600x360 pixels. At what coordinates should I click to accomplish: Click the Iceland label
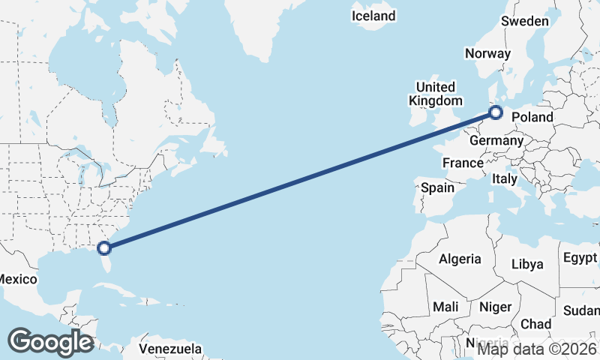(x=374, y=16)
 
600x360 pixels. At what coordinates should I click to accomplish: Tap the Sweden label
(x=525, y=21)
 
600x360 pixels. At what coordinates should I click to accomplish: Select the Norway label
(x=487, y=53)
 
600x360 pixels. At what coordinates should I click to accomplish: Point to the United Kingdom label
(x=435, y=94)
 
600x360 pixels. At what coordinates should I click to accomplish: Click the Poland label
(x=532, y=117)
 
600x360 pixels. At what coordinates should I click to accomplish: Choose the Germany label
(x=496, y=140)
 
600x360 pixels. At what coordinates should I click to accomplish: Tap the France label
(x=463, y=163)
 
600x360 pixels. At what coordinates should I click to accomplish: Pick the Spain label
(x=437, y=187)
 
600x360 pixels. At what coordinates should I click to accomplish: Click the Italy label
(x=505, y=179)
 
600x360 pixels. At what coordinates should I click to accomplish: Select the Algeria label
(x=460, y=259)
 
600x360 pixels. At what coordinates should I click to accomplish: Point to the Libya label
(x=526, y=264)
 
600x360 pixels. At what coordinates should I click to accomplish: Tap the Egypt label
(x=580, y=259)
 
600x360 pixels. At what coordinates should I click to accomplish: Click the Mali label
(x=445, y=307)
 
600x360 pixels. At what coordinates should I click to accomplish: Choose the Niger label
(x=495, y=307)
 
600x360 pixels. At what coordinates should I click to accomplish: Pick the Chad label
(x=535, y=324)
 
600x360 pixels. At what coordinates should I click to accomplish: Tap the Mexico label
(x=16, y=279)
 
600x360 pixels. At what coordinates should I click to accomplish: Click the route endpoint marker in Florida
(x=105, y=247)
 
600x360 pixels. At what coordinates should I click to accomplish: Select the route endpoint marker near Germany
(x=495, y=112)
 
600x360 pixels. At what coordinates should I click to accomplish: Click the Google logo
(x=50, y=342)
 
